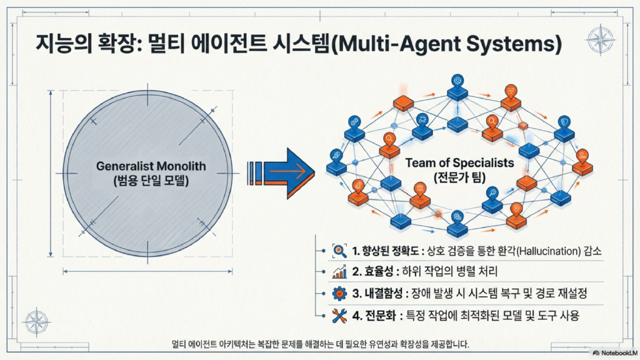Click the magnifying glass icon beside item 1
click(x=339, y=251)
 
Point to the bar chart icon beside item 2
click(x=339, y=272)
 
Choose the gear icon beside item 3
click(x=339, y=294)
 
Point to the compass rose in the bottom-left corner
click(x=37, y=321)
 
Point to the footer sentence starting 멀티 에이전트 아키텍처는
click(x=319, y=344)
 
